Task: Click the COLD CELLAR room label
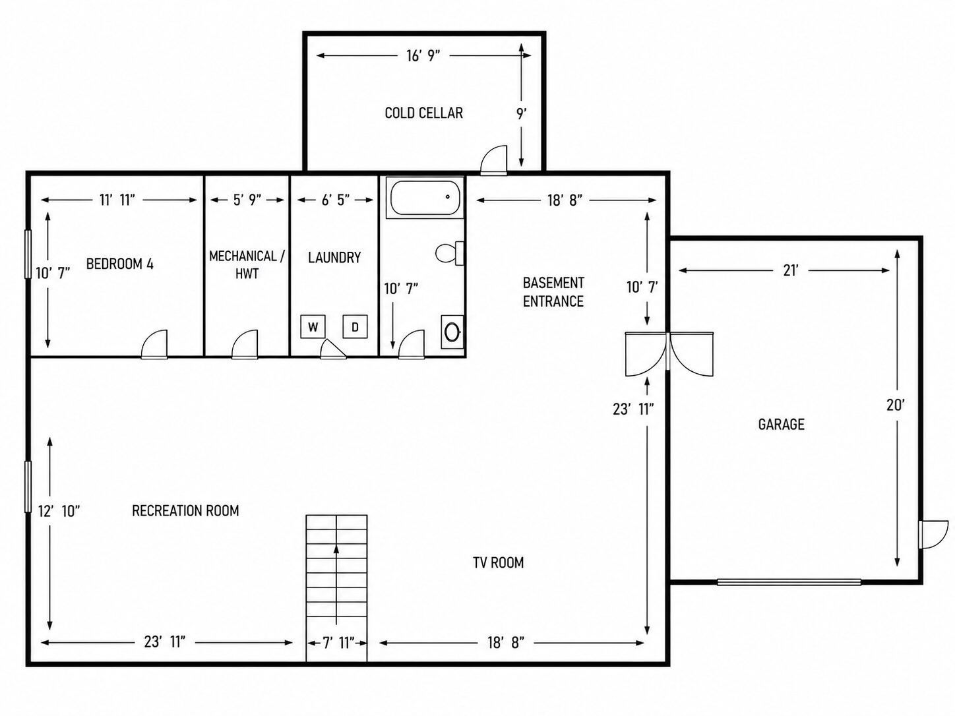(x=424, y=113)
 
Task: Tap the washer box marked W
(x=313, y=326)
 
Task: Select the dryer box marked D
(x=355, y=326)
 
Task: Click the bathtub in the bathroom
(x=425, y=198)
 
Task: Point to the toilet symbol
(x=450, y=253)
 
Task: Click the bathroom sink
(x=452, y=332)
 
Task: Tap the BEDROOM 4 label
(x=119, y=264)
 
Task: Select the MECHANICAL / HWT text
(x=247, y=264)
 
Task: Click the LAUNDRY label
(x=334, y=257)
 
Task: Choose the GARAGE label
(x=782, y=424)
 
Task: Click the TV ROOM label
(x=498, y=562)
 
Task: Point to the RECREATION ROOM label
(x=185, y=510)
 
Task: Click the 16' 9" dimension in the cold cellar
(x=423, y=55)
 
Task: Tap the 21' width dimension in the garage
(x=791, y=270)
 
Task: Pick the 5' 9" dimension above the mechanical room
(x=247, y=200)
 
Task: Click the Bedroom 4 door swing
(x=154, y=344)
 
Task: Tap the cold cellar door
(x=494, y=160)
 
